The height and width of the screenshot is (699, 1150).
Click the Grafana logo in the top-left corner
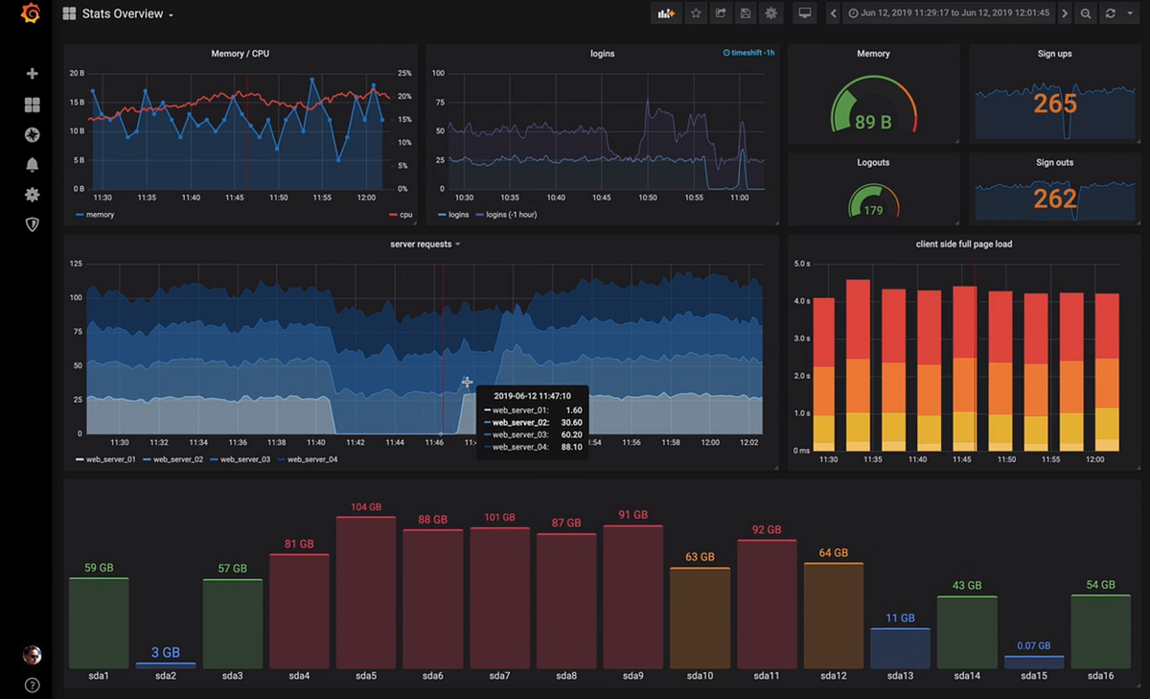(x=31, y=13)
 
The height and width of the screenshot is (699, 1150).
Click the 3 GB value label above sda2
(x=165, y=653)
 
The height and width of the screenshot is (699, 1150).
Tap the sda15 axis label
(x=1033, y=676)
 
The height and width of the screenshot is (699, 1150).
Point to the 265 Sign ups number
(x=1055, y=104)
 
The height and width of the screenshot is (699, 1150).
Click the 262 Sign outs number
(x=1055, y=198)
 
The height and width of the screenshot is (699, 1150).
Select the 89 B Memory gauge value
(x=873, y=123)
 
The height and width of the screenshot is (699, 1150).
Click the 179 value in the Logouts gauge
(x=873, y=210)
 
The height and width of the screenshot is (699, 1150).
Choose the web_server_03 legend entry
(x=245, y=460)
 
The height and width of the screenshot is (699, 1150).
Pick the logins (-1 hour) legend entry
(x=511, y=215)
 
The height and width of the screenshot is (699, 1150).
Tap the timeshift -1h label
(x=748, y=54)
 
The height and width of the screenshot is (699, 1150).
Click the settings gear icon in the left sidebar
(x=32, y=195)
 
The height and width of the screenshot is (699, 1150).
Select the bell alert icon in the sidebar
(x=32, y=165)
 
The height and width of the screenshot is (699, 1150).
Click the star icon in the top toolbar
(x=696, y=13)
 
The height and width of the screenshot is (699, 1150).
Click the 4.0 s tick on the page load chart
(x=802, y=301)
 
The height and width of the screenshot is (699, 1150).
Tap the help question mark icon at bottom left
(x=32, y=685)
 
